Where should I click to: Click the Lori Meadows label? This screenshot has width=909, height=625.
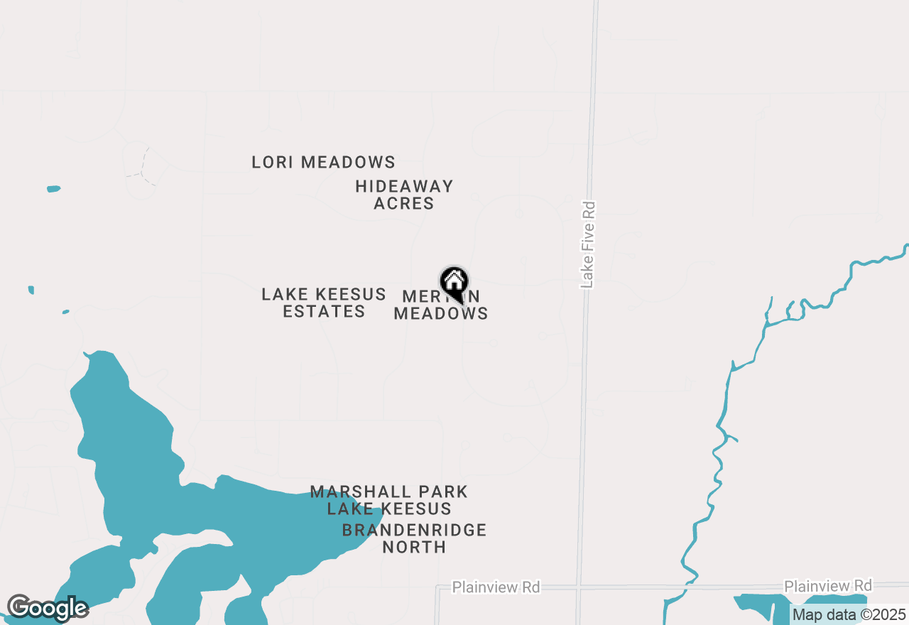pyautogui.click(x=323, y=163)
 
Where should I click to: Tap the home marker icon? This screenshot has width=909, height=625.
pyautogui.click(x=454, y=283)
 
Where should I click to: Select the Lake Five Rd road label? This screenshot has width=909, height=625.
pyautogui.click(x=587, y=245)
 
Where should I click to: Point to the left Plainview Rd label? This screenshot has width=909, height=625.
pyautogui.click(x=496, y=587)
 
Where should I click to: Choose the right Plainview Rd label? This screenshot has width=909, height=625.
pyautogui.click(x=827, y=586)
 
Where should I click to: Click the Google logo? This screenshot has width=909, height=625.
pyautogui.click(x=47, y=608)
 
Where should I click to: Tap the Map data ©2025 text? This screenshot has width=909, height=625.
pyautogui.click(x=849, y=615)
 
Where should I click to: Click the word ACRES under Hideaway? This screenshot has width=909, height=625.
pyautogui.click(x=404, y=204)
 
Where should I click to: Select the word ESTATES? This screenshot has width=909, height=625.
pyautogui.click(x=324, y=312)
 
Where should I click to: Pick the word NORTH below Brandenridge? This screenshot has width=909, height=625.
pyautogui.click(x=414, y=548)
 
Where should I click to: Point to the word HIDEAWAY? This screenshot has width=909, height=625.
pyautogui.click(x=404, y=187)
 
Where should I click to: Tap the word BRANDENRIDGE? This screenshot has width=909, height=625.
pyautogui.click(x=414, y=531)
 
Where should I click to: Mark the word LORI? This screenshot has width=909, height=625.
pyautogui.click(x=273, y=163)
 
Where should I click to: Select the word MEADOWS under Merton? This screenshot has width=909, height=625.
pyautogui.click(x=440, y=313)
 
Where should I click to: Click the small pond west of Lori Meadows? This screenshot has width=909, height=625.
pyautogui.click(x=53, y=189)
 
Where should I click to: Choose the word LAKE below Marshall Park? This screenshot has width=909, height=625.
pyautogui.click(x=348, y=509)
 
